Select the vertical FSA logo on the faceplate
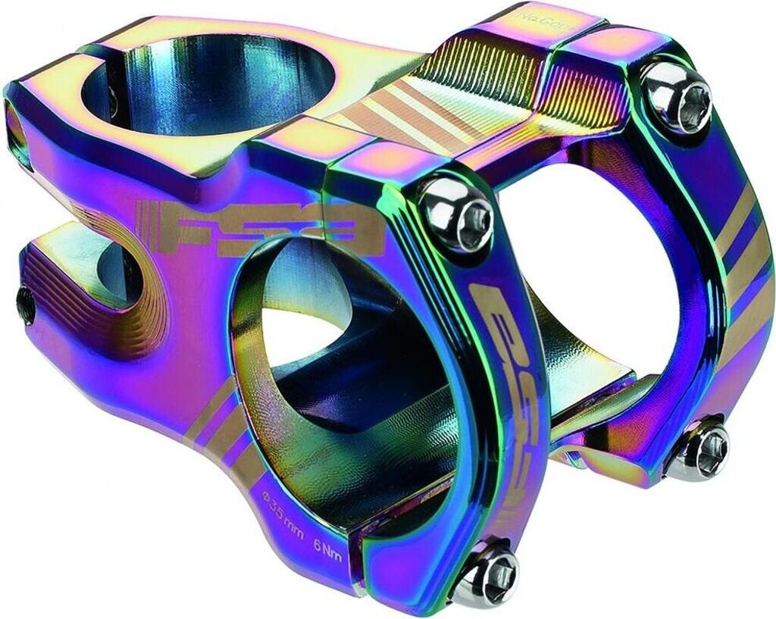(496, 364)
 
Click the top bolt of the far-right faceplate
(677, 95)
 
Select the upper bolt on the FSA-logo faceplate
(457, 211)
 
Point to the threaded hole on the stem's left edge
(26, 305)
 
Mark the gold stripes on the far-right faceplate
(746, 250)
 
